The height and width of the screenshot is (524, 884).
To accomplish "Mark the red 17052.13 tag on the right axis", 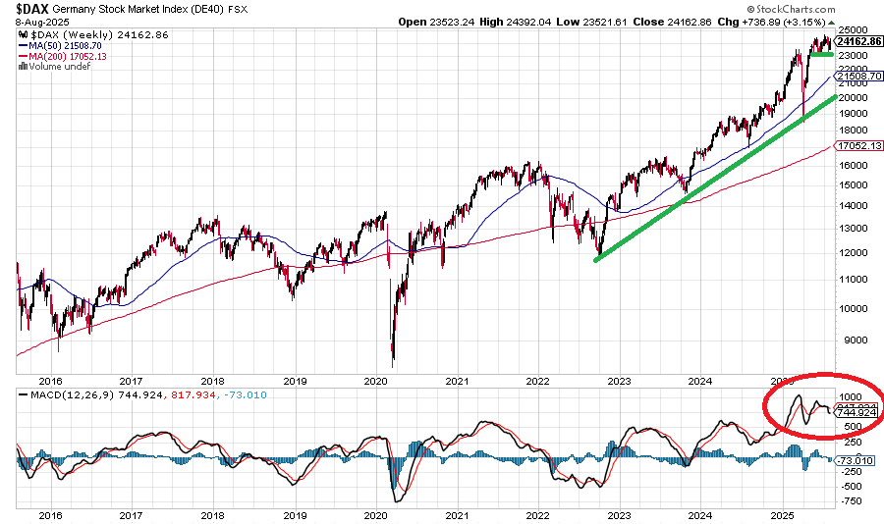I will [858, 145].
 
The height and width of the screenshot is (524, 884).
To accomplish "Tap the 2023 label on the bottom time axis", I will [618, 514].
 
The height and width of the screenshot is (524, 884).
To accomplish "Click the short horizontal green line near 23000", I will [821, 55].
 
